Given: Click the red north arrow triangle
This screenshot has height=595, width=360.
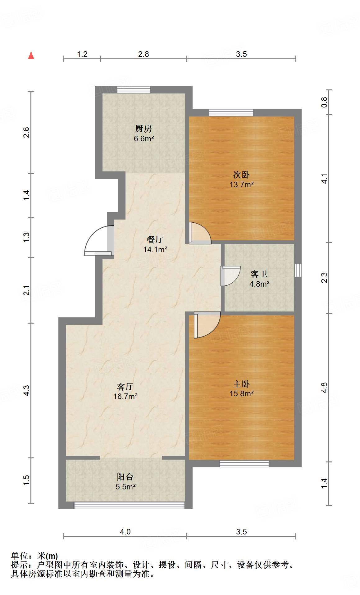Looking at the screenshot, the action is tap(31, 55).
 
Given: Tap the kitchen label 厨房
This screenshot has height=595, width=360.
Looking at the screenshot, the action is tap(144, 129).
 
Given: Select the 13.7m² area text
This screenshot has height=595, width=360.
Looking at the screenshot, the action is tap(242, 184).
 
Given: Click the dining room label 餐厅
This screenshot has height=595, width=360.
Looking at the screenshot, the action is tap(155, 239).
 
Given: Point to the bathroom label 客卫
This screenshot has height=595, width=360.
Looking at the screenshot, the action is tap(259, 274).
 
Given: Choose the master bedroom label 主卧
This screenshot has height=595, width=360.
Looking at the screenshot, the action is tap(241, 384).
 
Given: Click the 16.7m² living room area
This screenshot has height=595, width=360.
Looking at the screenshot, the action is tap(125, 396).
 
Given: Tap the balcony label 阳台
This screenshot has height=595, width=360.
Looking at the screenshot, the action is tap(125, 477).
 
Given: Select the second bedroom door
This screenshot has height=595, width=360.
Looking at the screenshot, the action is tap(200, 233).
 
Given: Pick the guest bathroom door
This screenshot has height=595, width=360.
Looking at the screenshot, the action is tap(231, 276).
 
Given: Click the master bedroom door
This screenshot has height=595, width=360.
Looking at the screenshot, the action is tap(207, 325).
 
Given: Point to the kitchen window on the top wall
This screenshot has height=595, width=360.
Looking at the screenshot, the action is tap(134, 89).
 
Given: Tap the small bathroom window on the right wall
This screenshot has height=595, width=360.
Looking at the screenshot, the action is tap(298, 270).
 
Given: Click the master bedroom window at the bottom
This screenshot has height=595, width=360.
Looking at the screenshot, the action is tap(244, 464).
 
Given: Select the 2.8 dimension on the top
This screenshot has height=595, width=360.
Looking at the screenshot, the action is tap(144, 54).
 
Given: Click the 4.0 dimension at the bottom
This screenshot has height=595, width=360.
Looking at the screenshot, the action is tap(125, 532).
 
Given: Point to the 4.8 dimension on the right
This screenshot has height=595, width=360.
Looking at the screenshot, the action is tap(324, 387).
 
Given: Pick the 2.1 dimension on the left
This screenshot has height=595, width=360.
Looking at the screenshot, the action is tap(27, 290).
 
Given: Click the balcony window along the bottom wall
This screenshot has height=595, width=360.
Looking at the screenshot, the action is tap(129, 505).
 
